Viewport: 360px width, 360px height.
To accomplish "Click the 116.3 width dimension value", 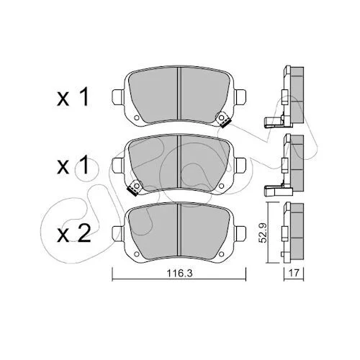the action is click(180, 274).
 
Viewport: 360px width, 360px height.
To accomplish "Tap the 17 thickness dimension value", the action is click(294, 273).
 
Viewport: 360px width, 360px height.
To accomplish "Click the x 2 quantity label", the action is click(73, 233).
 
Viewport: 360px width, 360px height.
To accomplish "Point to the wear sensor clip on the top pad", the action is click(222, 120).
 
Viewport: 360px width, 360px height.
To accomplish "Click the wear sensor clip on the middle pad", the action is click(135, 187).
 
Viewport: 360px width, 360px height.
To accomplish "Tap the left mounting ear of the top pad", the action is click(119, 97).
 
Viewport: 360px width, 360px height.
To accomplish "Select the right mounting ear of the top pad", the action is click(240, 97).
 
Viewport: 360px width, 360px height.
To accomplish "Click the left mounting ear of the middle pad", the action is click(119, 165).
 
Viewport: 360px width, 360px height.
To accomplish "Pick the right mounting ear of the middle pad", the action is click(240, 165).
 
